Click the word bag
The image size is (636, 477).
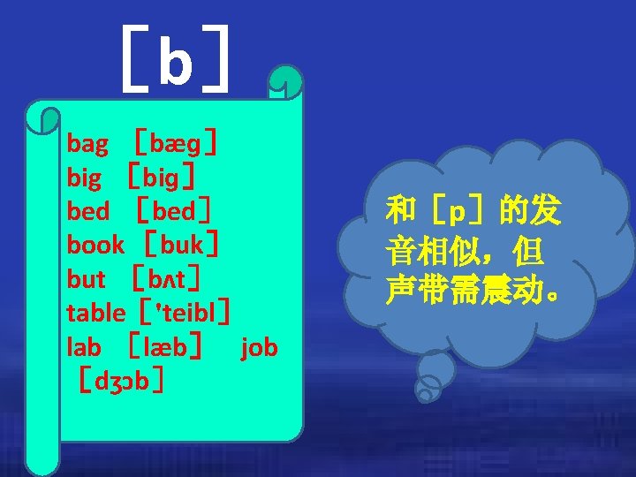pyautogui.click(x=87, y=143)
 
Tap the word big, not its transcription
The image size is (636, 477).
pyautogui.click(x=84, y=178)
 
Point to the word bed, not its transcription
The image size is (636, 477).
pyautogui.click(x=88, y=211)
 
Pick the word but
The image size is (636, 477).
pyautogui.click(x=87, y=279)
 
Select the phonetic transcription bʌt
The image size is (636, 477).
pyautogui.click(x=168, y=279)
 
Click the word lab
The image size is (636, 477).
pyautogui.click(x=84, y=347)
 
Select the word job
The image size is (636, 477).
pyautogui.click(x=259, y=347)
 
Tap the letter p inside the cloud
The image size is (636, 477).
pyautogui.click(x=457, y=212)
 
